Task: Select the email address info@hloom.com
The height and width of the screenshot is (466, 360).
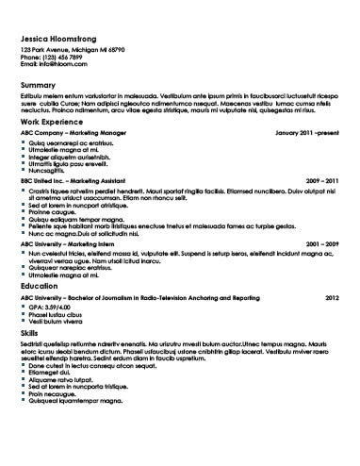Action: coord(56,63)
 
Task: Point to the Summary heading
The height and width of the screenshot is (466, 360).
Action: coord(39,85)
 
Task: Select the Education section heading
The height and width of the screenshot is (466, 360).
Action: coord(44,284)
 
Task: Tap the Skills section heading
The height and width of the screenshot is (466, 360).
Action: coord(31,333)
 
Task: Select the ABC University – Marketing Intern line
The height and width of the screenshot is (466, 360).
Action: coord(74,244)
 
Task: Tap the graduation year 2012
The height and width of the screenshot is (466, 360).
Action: coord(332,297)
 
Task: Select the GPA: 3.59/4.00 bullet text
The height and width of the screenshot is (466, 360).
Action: coord(51,307)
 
